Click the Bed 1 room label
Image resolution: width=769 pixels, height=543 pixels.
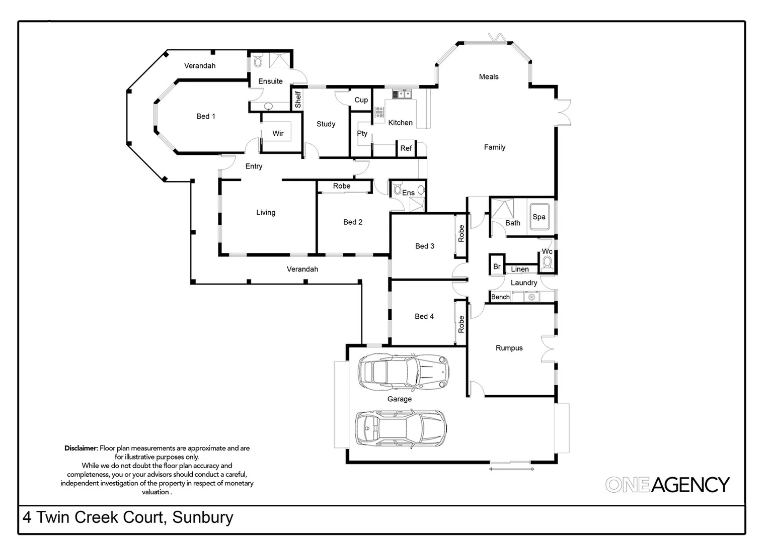pyautogui.click(x=206, y=116)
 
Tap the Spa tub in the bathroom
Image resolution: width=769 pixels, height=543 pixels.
pyautogui.click(x=539, y=218)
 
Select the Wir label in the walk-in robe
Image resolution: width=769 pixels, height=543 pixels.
pyautogui.click(x=278, y=133)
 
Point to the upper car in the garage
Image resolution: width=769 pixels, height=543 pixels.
pyautogui.click(x=403, y=373)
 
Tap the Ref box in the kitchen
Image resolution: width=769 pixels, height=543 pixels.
pyautogui.click(x=406, y=148)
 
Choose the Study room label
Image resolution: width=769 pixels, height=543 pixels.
pyautogui.click(x=326, y=124)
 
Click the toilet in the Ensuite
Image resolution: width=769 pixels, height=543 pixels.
pyautogui.click(x=258, y=61)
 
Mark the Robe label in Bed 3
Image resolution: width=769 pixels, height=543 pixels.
pyautogui.click(x=461, y=233)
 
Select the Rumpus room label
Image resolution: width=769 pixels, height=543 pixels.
pyautogui.click(x=509, y=348)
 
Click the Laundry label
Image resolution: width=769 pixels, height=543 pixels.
pyautogui.click(x=524, y=283)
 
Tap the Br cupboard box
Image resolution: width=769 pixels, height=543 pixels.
pyautogui.click(x=497, y=266)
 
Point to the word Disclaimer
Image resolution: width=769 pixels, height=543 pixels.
pyautogui.click(x=80, y=448)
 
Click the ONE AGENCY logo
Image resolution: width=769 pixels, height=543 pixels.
pyautogui.click(x=667, y=485)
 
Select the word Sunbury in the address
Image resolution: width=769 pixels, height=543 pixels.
pyautogui.click(x=203, y=517)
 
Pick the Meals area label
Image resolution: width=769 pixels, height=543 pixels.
pyautogui.click(x=489, y=77)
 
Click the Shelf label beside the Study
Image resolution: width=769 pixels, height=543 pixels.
pyautogui.click(x=298, y=99)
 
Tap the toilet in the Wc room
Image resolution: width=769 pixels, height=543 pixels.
pyautogui.click(x=547, y=262)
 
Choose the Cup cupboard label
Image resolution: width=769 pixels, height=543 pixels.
pyautogui.click(x=361, y=100)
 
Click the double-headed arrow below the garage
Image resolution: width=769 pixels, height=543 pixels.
pyautogui.click(x=511, y=469)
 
